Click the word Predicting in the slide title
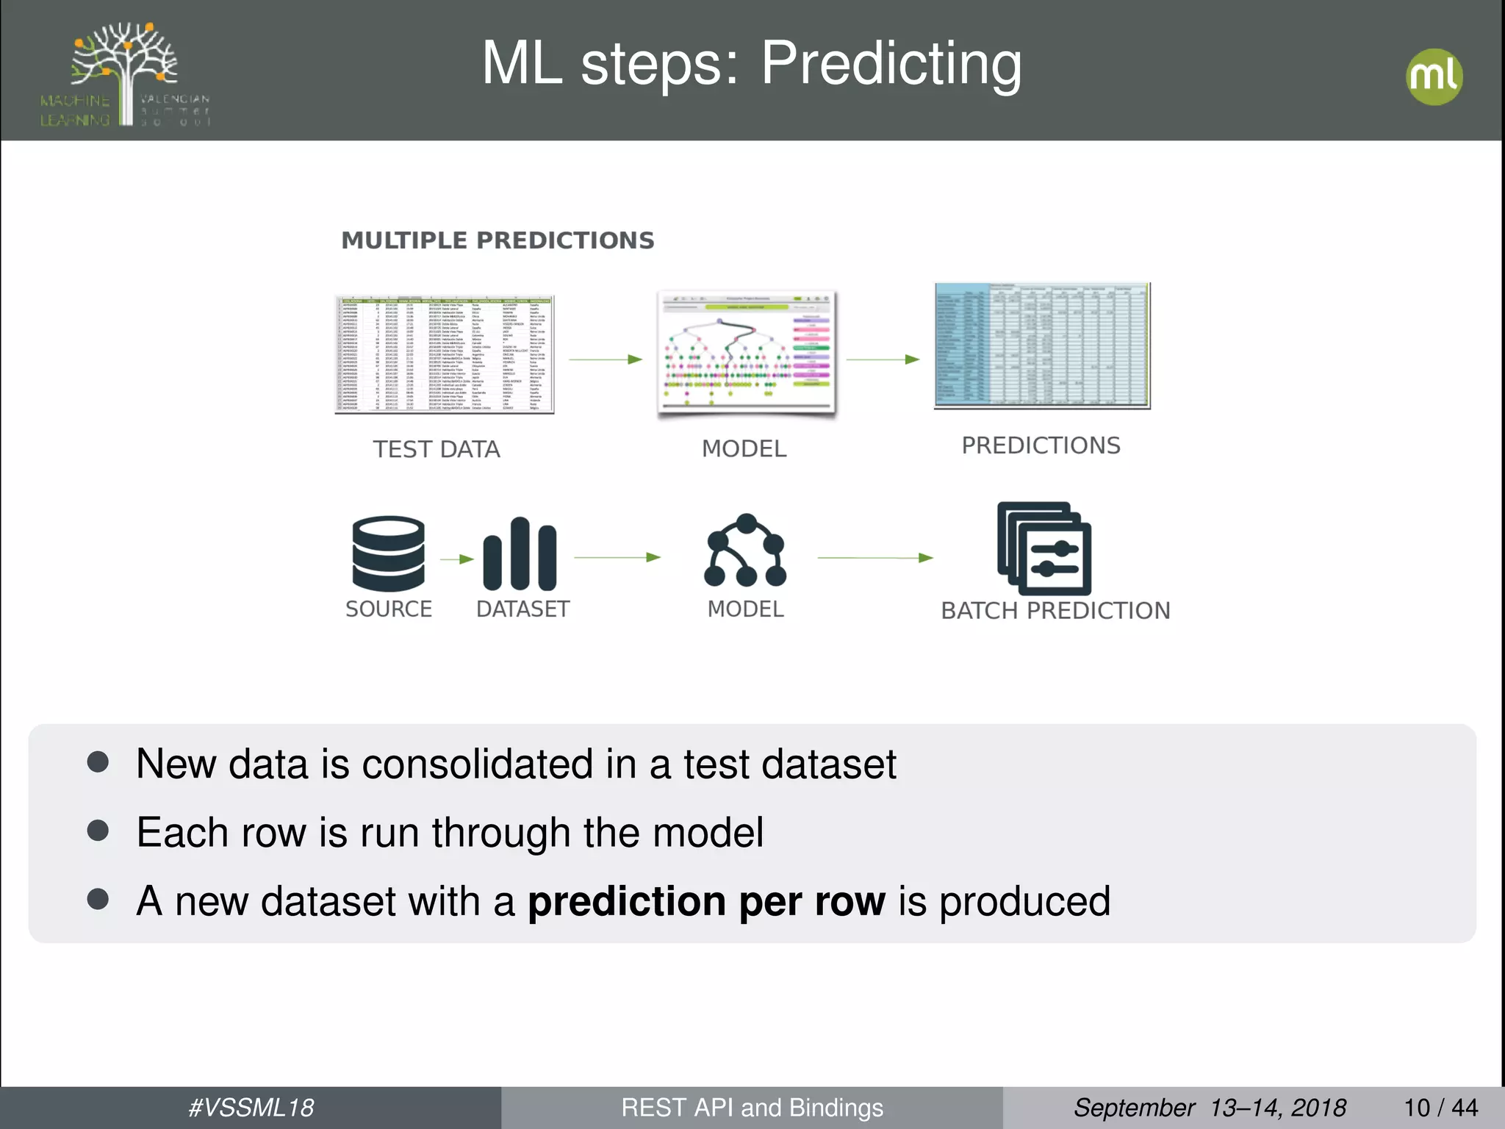tap(891, 65)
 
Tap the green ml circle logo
tap(1434, 76)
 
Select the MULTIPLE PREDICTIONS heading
tap(498, 240)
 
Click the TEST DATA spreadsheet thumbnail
tap(444, 354)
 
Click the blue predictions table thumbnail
tap(1041, 345)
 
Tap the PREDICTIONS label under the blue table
tap(1041, 445)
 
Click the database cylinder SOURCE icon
tap(388, 553)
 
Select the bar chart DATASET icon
tap(520, 554)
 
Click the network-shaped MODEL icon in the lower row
tap(745, 551)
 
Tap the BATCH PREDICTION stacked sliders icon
tap(1044, 548)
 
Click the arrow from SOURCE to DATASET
tap(457, 559)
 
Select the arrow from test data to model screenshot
tap(606, 359)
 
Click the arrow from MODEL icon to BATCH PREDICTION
tap(874, 558)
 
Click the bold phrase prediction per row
tap(706, 901)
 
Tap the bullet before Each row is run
tap(98, 831)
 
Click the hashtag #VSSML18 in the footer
tap(251, 1108)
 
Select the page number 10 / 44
tap(1440, 1108)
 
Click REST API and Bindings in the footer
tap(752, 1108)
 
